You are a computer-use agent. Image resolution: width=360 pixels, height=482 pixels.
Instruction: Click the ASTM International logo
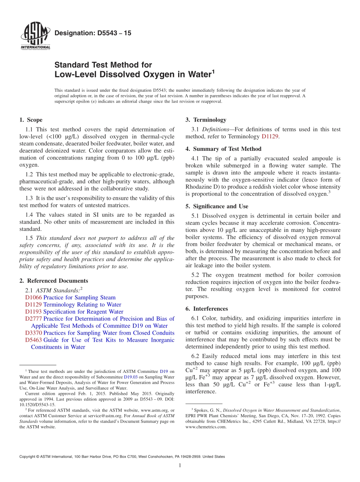coord(35,36)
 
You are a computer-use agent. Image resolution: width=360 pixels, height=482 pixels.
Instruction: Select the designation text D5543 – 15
coord(93,33)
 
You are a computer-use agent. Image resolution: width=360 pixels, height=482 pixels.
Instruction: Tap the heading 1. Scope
coord(31,120)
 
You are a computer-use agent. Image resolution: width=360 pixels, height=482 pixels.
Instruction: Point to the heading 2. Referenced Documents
coord(53,281)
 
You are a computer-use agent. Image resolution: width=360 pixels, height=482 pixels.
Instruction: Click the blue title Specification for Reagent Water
coord(83,311)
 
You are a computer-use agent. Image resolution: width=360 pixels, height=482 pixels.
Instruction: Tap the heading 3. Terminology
coord(206,120)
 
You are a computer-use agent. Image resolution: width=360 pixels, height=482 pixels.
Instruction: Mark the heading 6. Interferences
coord(207,309)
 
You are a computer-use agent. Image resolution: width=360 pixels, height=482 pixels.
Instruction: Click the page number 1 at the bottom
coord(180,466)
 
